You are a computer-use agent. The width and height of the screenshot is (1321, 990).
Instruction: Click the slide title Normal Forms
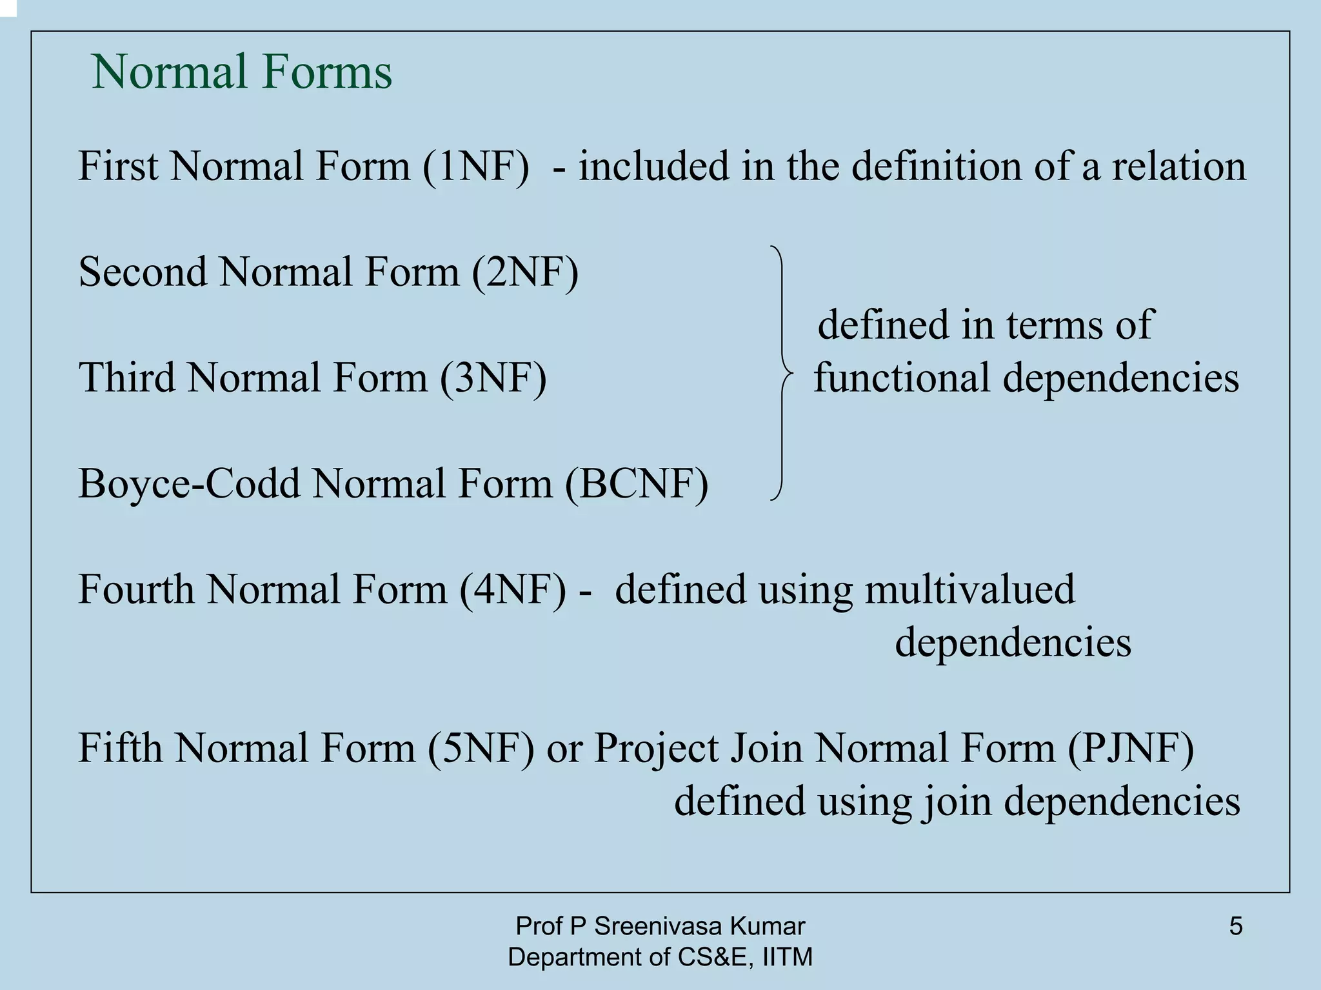(x=242, y=72)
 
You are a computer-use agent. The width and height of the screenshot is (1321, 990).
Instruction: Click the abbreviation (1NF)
(x=476, y=166)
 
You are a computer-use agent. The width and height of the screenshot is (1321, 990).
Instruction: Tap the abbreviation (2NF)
(x=525, y=272)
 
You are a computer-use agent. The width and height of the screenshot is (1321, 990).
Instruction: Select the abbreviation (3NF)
(x=493, y=378)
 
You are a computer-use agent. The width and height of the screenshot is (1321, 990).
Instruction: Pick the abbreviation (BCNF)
(x=637, y=483)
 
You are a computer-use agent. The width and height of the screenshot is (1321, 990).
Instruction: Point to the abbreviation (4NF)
(x=513, y=589)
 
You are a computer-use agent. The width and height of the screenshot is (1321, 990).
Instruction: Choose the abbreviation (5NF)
(x=481, y=748)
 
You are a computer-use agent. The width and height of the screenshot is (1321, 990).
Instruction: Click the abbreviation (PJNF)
(x=1130, y=748)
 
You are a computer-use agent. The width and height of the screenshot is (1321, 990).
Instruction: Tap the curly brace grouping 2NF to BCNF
(x=782, y=373)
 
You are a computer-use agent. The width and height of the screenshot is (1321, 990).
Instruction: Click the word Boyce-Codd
(x=189, y=483)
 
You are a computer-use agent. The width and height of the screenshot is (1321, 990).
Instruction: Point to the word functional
(x=902, y=378)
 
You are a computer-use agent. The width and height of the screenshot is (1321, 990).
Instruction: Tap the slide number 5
(x=1236, y=926)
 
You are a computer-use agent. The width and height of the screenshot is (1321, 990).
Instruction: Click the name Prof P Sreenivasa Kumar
(x=660, y=926)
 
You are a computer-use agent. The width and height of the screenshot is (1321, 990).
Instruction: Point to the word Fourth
(x=136, y=589)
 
